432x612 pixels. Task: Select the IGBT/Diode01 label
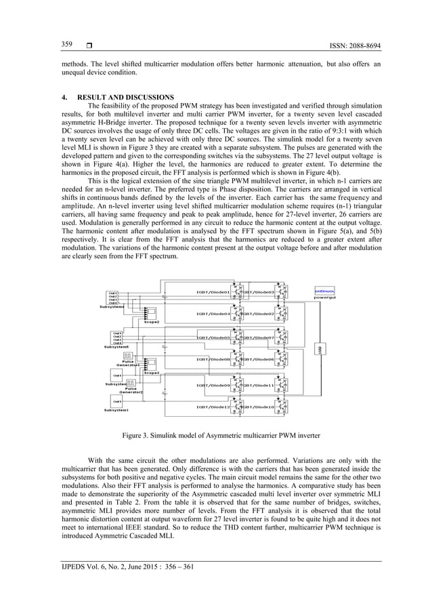(209, 292)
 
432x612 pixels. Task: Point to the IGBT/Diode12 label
(209, 407)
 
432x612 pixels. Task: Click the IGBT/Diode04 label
(209, 314)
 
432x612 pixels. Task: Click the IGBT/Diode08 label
(209, 359)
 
